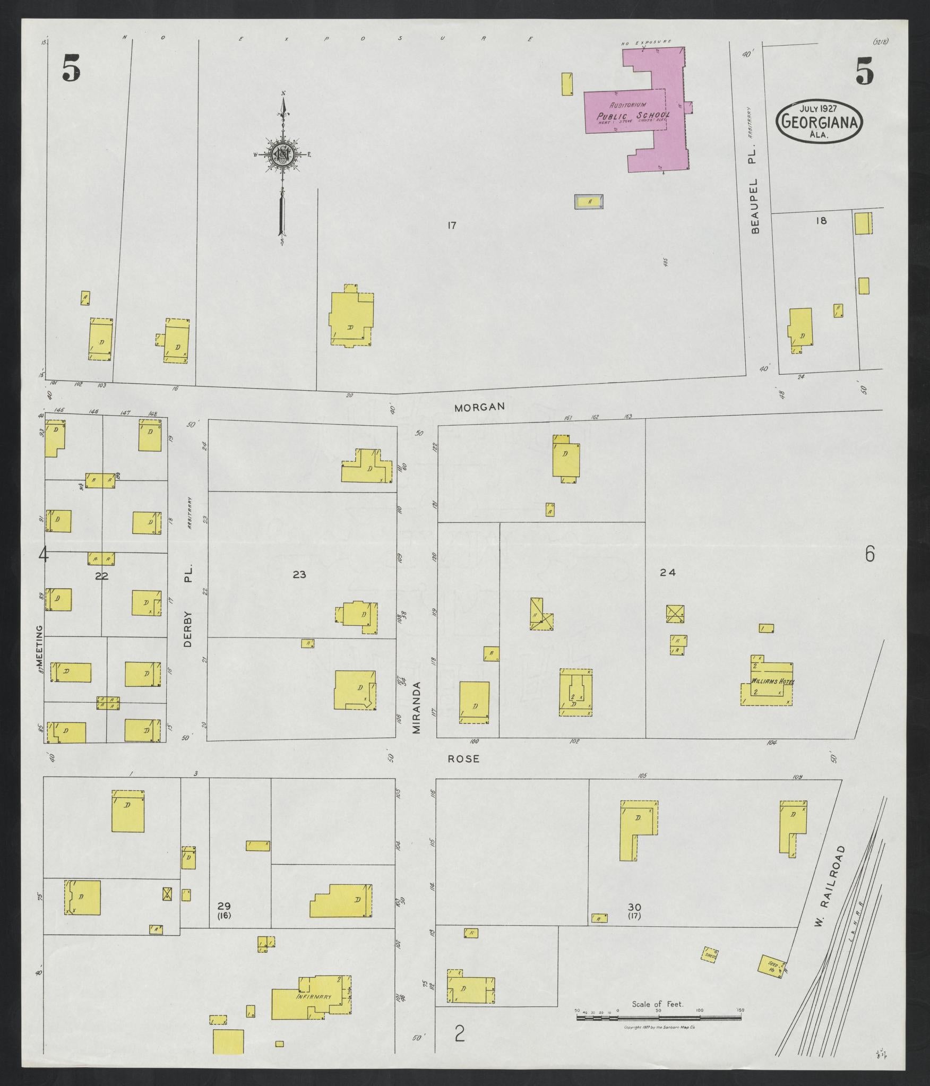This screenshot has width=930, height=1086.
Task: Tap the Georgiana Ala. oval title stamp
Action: [820, 123]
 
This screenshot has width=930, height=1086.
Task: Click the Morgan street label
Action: [479, 407]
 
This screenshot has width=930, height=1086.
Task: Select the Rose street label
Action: [463, 759]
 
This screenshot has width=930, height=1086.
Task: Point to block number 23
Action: [299, 574]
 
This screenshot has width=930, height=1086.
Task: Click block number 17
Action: [451, 226]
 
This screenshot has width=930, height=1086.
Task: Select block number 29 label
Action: [224, 906]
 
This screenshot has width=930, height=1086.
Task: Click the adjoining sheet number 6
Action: [869, 554]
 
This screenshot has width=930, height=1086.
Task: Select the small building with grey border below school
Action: [589, 202]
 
